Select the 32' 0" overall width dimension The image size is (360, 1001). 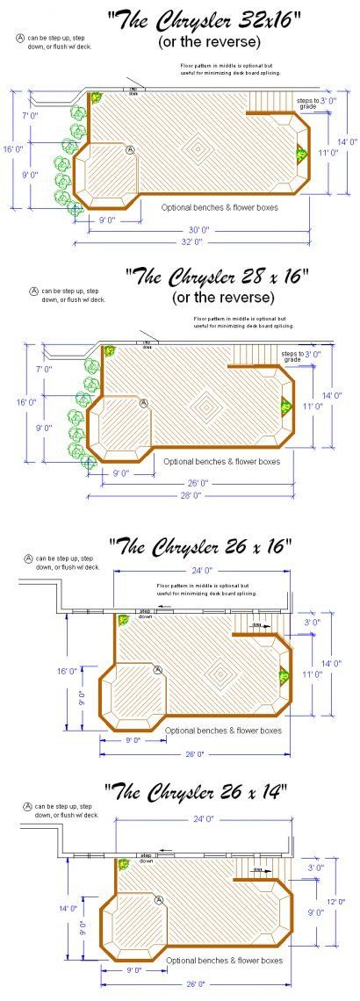coord(192,241)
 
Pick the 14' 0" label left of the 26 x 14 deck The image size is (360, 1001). coord(66,909)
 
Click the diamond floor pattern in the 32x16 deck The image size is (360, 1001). coord(201,149)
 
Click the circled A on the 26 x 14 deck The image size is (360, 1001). coord(159,900)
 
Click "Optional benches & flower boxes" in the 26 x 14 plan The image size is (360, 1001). coord(224,961)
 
